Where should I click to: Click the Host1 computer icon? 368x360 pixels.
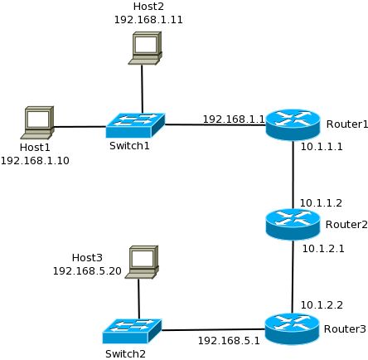pyautogui.click(x=37, y=123)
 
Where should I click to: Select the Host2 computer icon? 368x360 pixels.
pyautogui.click(x=145, y=48)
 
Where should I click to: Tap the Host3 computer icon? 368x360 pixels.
pyautogui.click(x=142, y=262)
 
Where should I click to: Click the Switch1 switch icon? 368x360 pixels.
pyautogui.click(x=135, y=125)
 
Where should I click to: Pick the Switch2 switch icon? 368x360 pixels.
pyautogui.click(x=132, y=331)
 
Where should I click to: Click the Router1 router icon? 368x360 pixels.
pyautogui.click(x=293, y=124)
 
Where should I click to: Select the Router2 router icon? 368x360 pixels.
pyautogui.click(x=293, y=224)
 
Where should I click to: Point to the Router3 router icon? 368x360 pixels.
pyautogui.click(x=292, y=328)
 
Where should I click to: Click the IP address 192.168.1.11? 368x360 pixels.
pyautogui.click(x=148, y=20)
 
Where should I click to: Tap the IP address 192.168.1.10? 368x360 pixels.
pyautogui.click(x=35, y=160)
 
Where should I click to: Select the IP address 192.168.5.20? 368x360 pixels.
pyautogui.click(x=87, y=270)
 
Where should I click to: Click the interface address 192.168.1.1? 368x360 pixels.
pyautogui.click(x=234, y=119)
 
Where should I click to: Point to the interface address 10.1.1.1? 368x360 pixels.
pyautogui.click(x=322, y=146)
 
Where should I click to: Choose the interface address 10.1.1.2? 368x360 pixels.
pyautogui.click(x=321, y=203)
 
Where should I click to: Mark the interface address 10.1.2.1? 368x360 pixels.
pyautogui.click(x=323, y=249)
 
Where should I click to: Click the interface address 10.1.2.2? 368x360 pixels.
pyautogui.click(x=322, y=305)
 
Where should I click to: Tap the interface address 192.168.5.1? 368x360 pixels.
pyautogui.click(x=229, y=341)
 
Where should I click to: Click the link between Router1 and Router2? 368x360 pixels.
pyautogui.click(x=293, y=174)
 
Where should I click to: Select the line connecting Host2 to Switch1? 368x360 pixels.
pyautogui.click(x=142, y=89)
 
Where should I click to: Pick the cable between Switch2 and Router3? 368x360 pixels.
pyautogui.click(x=213, y=329)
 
